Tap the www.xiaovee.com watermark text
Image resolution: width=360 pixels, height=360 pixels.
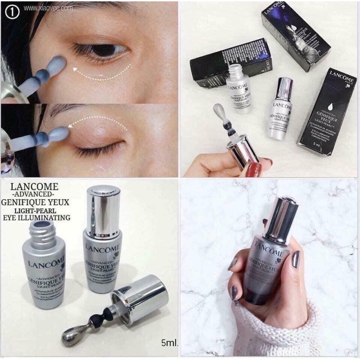(x=48, y=8)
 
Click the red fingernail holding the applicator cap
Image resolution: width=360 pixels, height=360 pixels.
(x=254, y=169)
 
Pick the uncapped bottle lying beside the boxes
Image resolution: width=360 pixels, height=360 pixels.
(x=238, y=88)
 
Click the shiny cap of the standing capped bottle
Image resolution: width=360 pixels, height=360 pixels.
(x=103, y=211)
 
